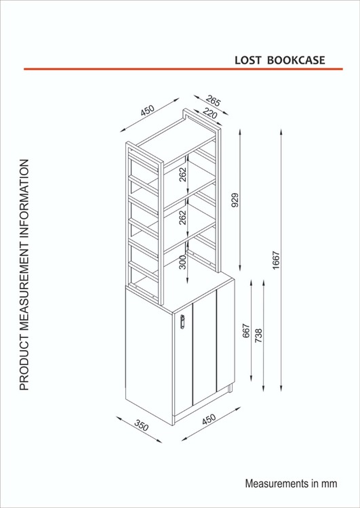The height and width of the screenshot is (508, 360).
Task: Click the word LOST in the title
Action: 247,60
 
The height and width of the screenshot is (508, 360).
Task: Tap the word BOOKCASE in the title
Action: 296,60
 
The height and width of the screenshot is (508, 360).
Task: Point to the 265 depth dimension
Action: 213,101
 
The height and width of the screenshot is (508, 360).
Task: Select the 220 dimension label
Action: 210,113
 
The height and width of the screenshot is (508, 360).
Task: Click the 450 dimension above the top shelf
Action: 148,110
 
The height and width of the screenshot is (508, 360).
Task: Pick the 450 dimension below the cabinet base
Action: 209,419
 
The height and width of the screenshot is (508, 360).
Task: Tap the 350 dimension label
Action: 142,425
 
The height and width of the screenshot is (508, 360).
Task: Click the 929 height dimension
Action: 235,200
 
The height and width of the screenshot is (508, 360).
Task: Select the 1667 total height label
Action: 276,260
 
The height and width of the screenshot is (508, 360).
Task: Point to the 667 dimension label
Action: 247,331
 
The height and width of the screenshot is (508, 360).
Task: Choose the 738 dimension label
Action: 258,336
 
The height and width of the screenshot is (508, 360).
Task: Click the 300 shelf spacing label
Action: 183,261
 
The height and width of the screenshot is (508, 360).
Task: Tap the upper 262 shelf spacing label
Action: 183,174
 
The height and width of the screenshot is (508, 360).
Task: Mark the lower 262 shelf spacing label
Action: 183,217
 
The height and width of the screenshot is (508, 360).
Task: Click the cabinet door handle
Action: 182,321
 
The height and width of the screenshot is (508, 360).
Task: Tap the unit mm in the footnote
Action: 329,484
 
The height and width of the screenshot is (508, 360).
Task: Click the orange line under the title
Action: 183,69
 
